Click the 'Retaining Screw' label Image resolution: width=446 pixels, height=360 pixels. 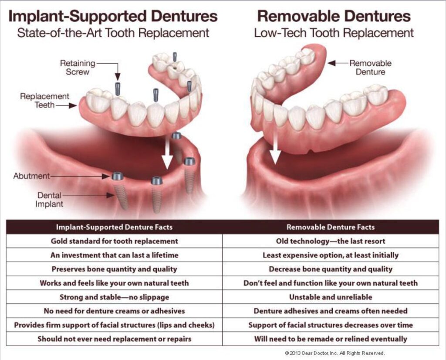pyautogui.click(x=78, y=68)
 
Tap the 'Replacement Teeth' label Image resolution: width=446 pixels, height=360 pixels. pyautogui.click(x=44, y=100)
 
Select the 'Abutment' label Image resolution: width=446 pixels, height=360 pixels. pyautogui.click(x=31, y=176)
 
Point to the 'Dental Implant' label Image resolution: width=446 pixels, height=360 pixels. pyautogui.click(x=49, y=200)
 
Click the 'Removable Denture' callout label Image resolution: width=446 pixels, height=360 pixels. pyautogui.click(x=370, y=68)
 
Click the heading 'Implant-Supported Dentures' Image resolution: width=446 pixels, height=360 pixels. pyautogui.click(x=113, y=16)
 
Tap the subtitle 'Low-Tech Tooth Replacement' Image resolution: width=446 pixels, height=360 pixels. pyautogui.click(x=334, y=33)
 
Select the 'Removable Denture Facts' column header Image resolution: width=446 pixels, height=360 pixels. pyautogui.click(x=331, y=227)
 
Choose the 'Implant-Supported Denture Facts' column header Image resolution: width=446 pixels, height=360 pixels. pyautogui.click(x=114, y=227)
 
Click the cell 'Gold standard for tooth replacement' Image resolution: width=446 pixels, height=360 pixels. pyautogui.click(x=115, y=241)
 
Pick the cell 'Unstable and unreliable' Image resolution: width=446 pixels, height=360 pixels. pyautogui.click(x=331, y=297)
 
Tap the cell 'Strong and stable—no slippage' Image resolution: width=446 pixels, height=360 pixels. pyautogui.click(x=115, y=297)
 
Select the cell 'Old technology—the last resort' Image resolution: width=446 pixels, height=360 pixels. pyautogui.click(x=331, y=241)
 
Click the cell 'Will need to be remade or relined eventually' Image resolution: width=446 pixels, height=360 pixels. pyautogui.click(x=331, y=339)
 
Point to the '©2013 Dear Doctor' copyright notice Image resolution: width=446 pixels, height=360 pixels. pyautogui.click(x=334, y=353)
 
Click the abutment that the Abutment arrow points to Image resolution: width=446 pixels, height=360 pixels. pyautogui.click(x=118, y=177)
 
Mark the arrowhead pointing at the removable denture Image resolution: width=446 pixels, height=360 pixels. pyautogui.click(x=331, y=63)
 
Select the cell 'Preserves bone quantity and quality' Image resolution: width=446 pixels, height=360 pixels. pyautogui.click(x=115, y=269)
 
